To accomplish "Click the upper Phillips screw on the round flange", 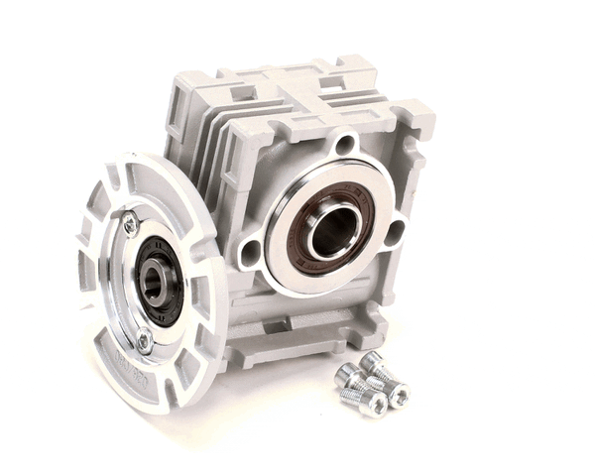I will pyautogui.click(x=130, y=225).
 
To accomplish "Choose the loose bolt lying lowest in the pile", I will pyautogui.click(x=375, y=403).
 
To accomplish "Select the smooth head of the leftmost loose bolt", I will pyautogui.click(x=346, y=375).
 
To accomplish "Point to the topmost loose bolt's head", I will pyautogui.click(x=372, y=361).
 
